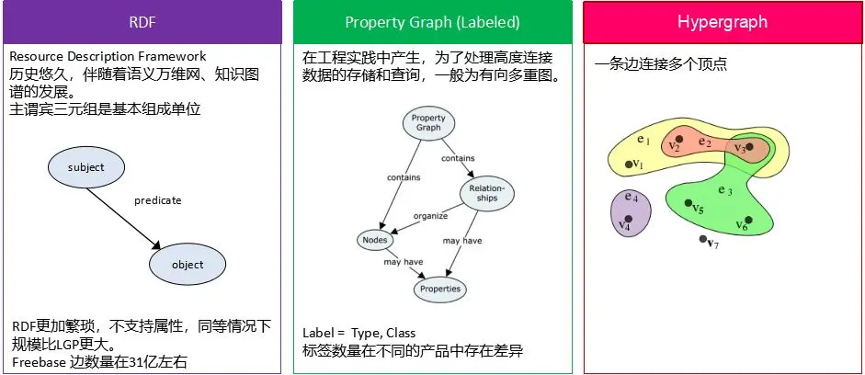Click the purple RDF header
click(x=142, y=22)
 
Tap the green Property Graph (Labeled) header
click(x=431, y=22)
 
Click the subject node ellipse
click(x=86, y=167)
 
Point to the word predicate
click(x=157, y=200)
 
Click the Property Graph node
click(x=428, y=123)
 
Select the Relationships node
click(x=486, y=191)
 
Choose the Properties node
click(x=440, y=289)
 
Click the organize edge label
click(x=429, y=217)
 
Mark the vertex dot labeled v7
click(x=703, y=239)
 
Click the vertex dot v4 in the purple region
click(x=627, y=218)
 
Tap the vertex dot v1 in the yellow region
click(x=630, y=165)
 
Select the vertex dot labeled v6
click(x=749, y=220)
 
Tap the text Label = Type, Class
click(x=359, y=333)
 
